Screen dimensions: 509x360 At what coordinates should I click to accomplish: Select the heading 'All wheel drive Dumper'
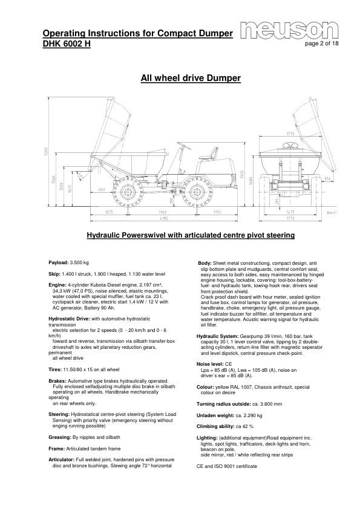coord(191,78)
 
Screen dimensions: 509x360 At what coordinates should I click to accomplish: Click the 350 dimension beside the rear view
coord(327,179)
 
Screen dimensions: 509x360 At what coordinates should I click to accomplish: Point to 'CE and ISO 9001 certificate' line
coord(227,467)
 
